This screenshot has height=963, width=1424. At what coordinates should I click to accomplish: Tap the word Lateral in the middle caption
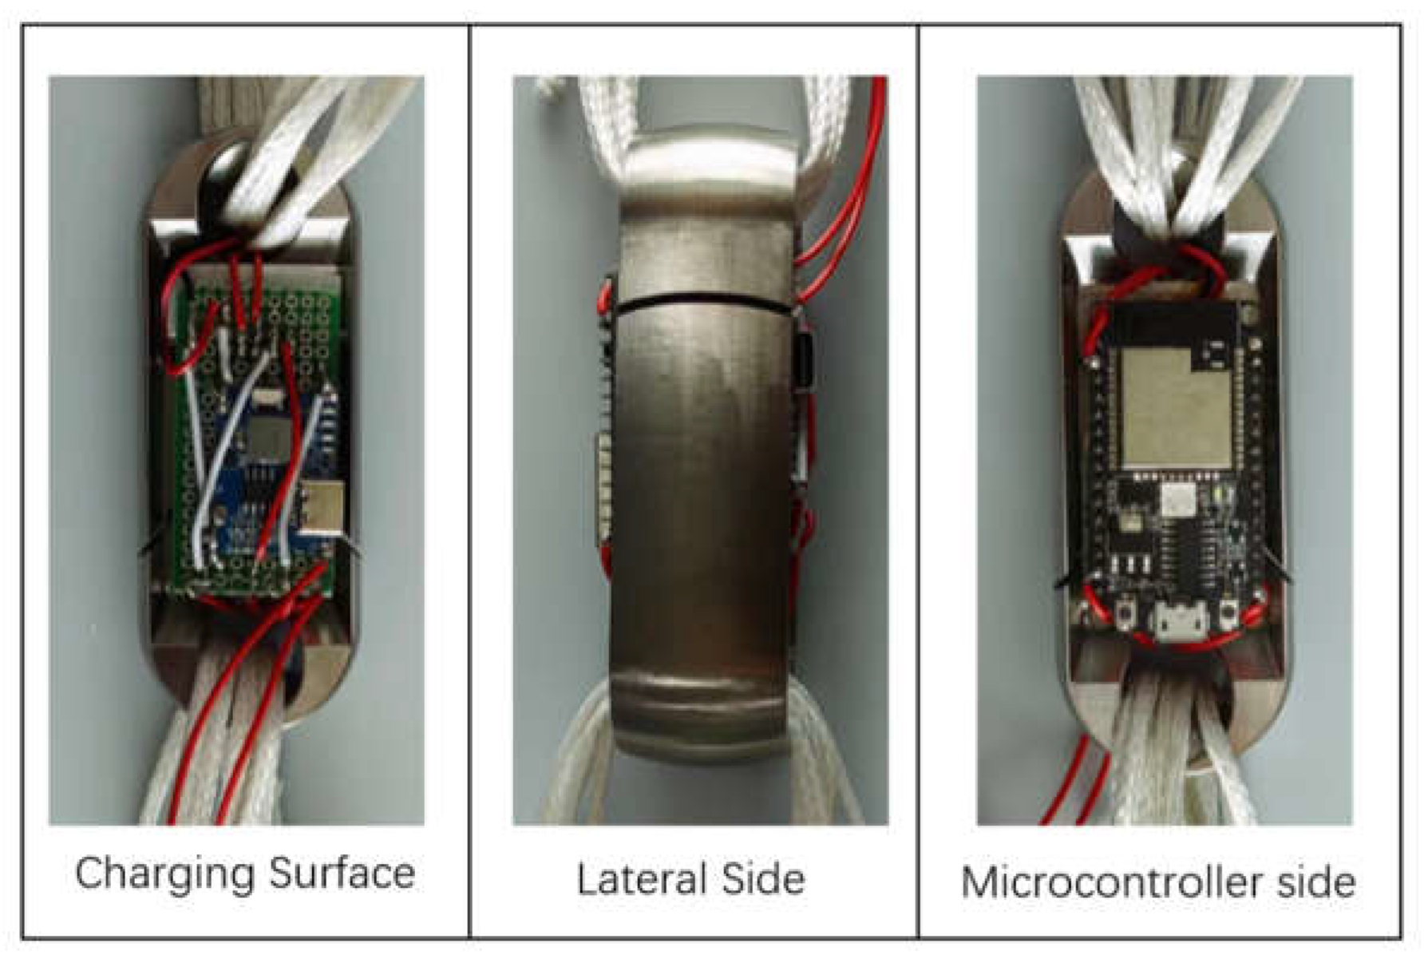pos(640,879)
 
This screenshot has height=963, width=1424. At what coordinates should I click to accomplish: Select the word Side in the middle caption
pos(763,879)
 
